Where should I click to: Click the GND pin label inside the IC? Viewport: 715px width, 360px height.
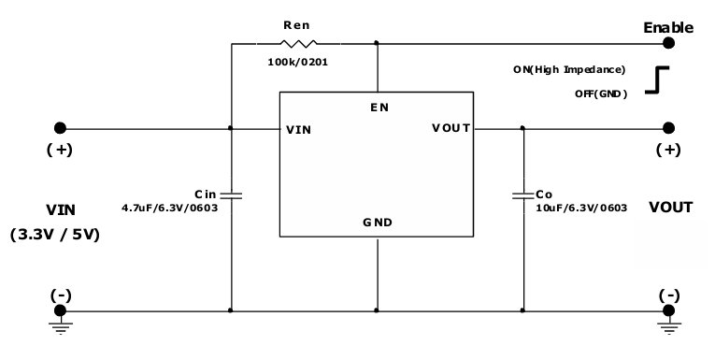point(377,223)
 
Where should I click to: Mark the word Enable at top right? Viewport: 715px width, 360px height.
point(668,27)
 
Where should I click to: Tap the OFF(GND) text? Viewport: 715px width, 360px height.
point(600,94)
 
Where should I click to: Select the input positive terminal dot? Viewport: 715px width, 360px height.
point(60,128)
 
